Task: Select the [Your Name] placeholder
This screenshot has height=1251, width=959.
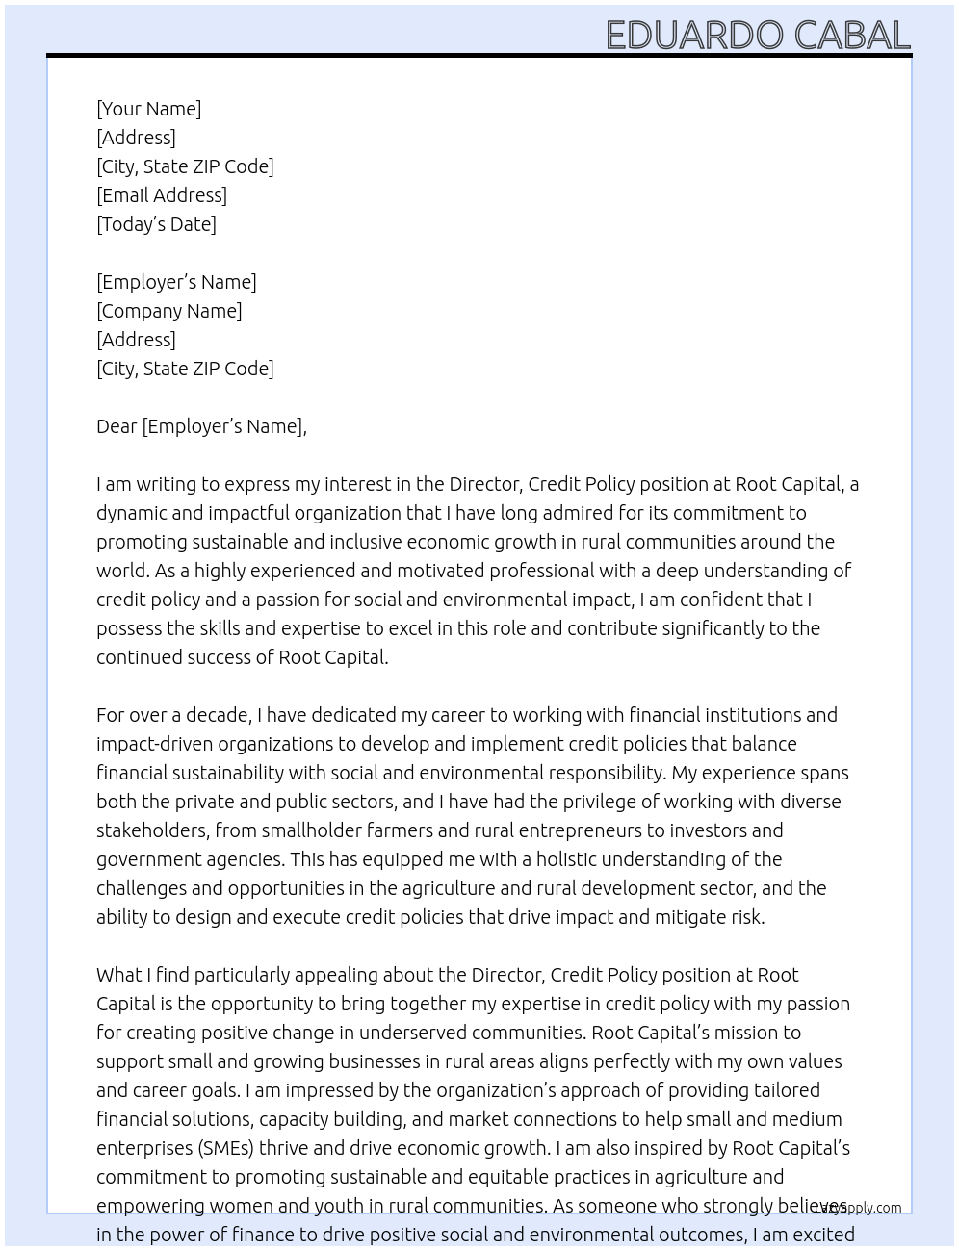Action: (x=148, y=109)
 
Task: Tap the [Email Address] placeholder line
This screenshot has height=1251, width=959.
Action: (x=162, y=195)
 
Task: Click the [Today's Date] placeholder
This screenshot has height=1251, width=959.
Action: (x=156, y=224)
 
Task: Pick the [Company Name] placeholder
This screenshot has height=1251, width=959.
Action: (x=168, y=311)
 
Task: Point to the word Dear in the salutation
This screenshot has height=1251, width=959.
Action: (x=117, y=426)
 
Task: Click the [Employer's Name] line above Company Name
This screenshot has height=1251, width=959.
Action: (x=176, y=282)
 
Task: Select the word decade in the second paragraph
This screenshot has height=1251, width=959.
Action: (x=219, y=715)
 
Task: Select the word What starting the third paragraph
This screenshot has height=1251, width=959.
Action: (x=119, y=975)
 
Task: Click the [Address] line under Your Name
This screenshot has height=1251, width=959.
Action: (x=136, y=138)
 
